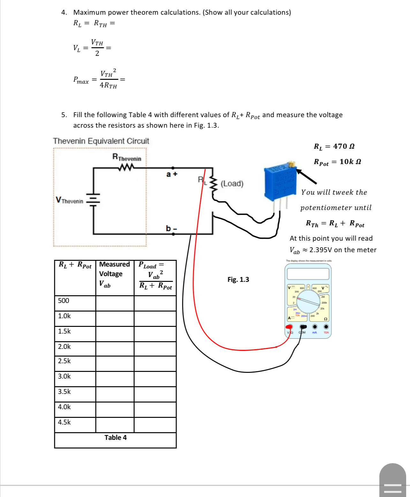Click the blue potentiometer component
pyautogui.click(x=280, y=183)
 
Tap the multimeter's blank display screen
pyautogui.click(x=308, y=274)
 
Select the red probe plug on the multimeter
pyautogui.click(x=289, y=327)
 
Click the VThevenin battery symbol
pyautogui.click(x=93, y=200)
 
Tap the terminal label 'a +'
pyautogui.click(x=171, y=174)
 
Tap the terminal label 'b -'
pyautogui.click(x=171, y=228)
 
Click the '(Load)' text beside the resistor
pyautogui.click(x=232, y=184)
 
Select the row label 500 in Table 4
pyautogui.click(x=64, y=301)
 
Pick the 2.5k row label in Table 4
pyautogui.click(x=64, y=361)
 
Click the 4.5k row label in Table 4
pyautogui.click(x=64, y=422)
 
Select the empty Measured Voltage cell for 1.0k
pyautogui.click(x=115, y=319)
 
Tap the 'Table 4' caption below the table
pyautogui.click(x=115, y=438)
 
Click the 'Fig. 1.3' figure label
pyautogui.click(x=238, y=280)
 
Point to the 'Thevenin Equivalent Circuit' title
pyautogui.click(x=101, y=141)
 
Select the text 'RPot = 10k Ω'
pyautogui.click(x=337, y=162)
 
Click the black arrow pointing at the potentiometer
pyautogui.click(x=307, y=177)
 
